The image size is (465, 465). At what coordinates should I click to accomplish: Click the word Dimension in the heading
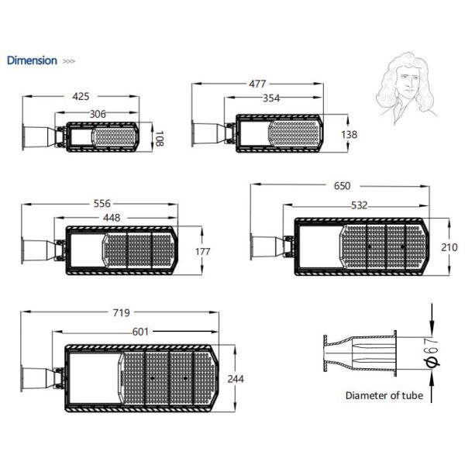tap(32, 60)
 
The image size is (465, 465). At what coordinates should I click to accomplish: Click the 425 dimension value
tap(81, 97)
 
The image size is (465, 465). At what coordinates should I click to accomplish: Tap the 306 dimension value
tap(98, 114)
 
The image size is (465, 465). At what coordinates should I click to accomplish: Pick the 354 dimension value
tap(270, 98)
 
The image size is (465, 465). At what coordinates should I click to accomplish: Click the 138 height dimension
tap(350, 134)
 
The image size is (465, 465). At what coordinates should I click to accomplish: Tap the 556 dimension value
tap(102, 203)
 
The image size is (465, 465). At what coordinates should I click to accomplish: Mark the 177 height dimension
tap(204, 251)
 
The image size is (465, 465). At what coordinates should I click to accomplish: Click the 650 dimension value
tap(342, 186)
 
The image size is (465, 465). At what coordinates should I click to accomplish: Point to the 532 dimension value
tap(359, 205)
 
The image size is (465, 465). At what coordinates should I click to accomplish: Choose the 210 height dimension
tap(449, 246)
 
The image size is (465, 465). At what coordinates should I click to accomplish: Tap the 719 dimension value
tap(122, 313)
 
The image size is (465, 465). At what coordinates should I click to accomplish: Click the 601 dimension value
tap(140, 332)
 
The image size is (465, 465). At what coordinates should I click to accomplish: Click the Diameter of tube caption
tap(384, 396)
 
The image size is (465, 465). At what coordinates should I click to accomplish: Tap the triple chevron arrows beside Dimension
tap(68, 61)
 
